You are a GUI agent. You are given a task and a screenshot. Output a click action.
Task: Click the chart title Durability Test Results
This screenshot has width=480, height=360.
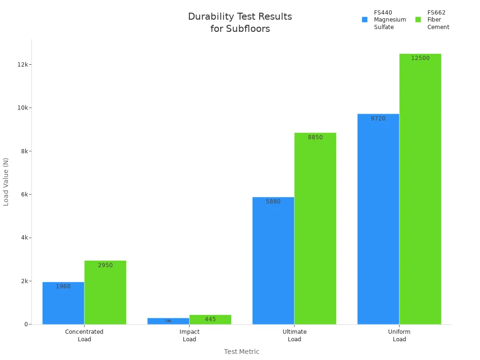tap(240, 22)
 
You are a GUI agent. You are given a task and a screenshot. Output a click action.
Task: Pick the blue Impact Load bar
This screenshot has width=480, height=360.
tap(168, 321)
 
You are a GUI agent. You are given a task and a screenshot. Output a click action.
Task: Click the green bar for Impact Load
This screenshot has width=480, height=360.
tap(210, 320)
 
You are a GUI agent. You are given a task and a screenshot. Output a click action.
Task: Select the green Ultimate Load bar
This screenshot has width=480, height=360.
tap(315, 230)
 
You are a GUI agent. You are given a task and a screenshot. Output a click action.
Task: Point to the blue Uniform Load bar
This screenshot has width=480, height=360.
tap(378, 220)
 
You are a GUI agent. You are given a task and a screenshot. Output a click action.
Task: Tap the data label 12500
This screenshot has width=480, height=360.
tap(420, 58)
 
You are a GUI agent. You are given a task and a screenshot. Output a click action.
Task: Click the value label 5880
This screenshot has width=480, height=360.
tap(273, 202)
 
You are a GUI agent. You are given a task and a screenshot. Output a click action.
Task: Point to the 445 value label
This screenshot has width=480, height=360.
tap(210, 319)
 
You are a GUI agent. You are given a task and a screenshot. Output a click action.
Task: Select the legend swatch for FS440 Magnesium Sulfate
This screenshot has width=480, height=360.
tap(365, 20)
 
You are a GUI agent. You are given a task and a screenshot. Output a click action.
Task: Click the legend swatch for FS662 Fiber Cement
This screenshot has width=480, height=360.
tap(418, 20)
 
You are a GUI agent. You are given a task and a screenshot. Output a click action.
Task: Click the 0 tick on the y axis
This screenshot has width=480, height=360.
tap(27, 324)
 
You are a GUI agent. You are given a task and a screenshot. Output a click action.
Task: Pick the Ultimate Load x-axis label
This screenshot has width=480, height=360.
tap(294, 335)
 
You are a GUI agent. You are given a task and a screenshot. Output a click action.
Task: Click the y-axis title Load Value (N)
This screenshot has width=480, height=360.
tap(6, 181)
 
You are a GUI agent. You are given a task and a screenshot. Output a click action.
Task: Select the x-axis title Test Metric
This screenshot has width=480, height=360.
tap(241, 352)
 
